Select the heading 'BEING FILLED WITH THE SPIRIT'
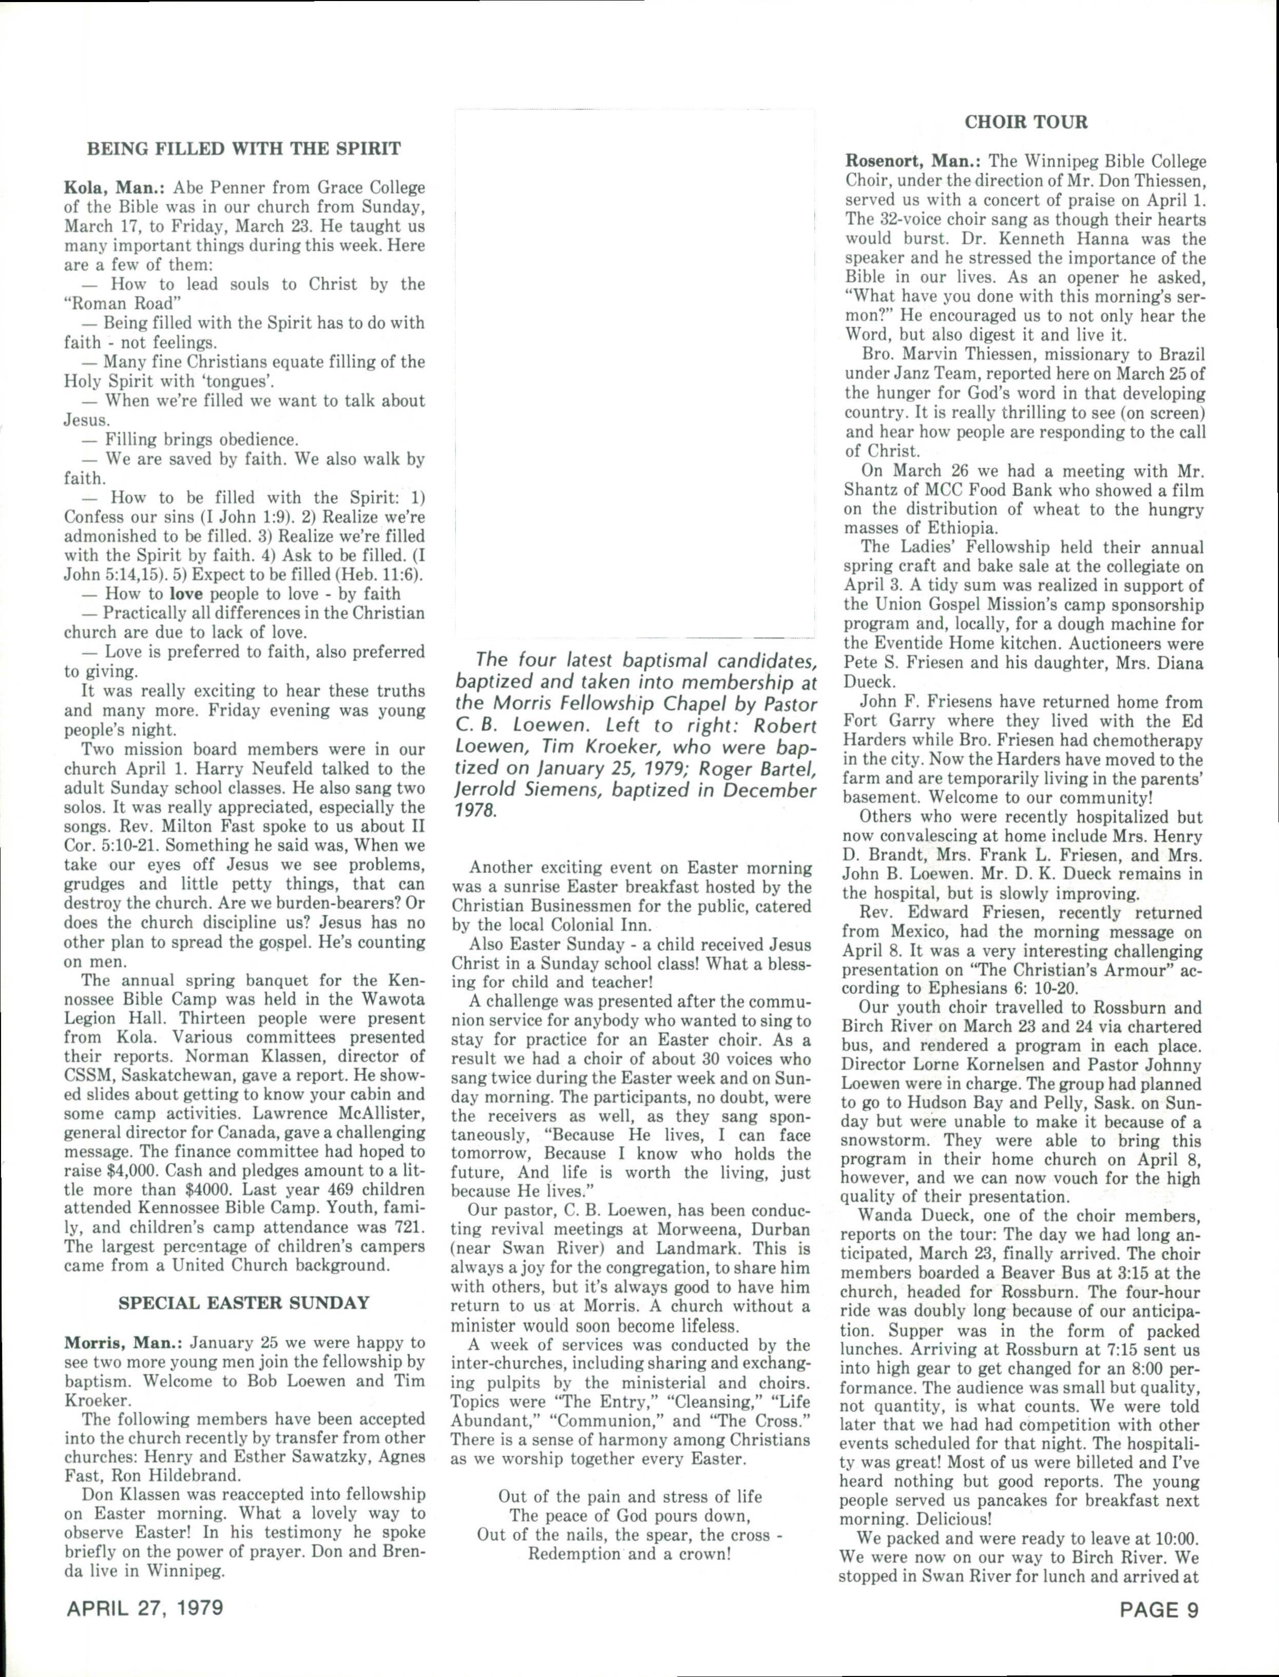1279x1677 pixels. click(x=244, y=148)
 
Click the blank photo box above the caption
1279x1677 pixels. click(x=634, y=373)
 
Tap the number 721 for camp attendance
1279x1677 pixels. click(x=407, y=1227)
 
